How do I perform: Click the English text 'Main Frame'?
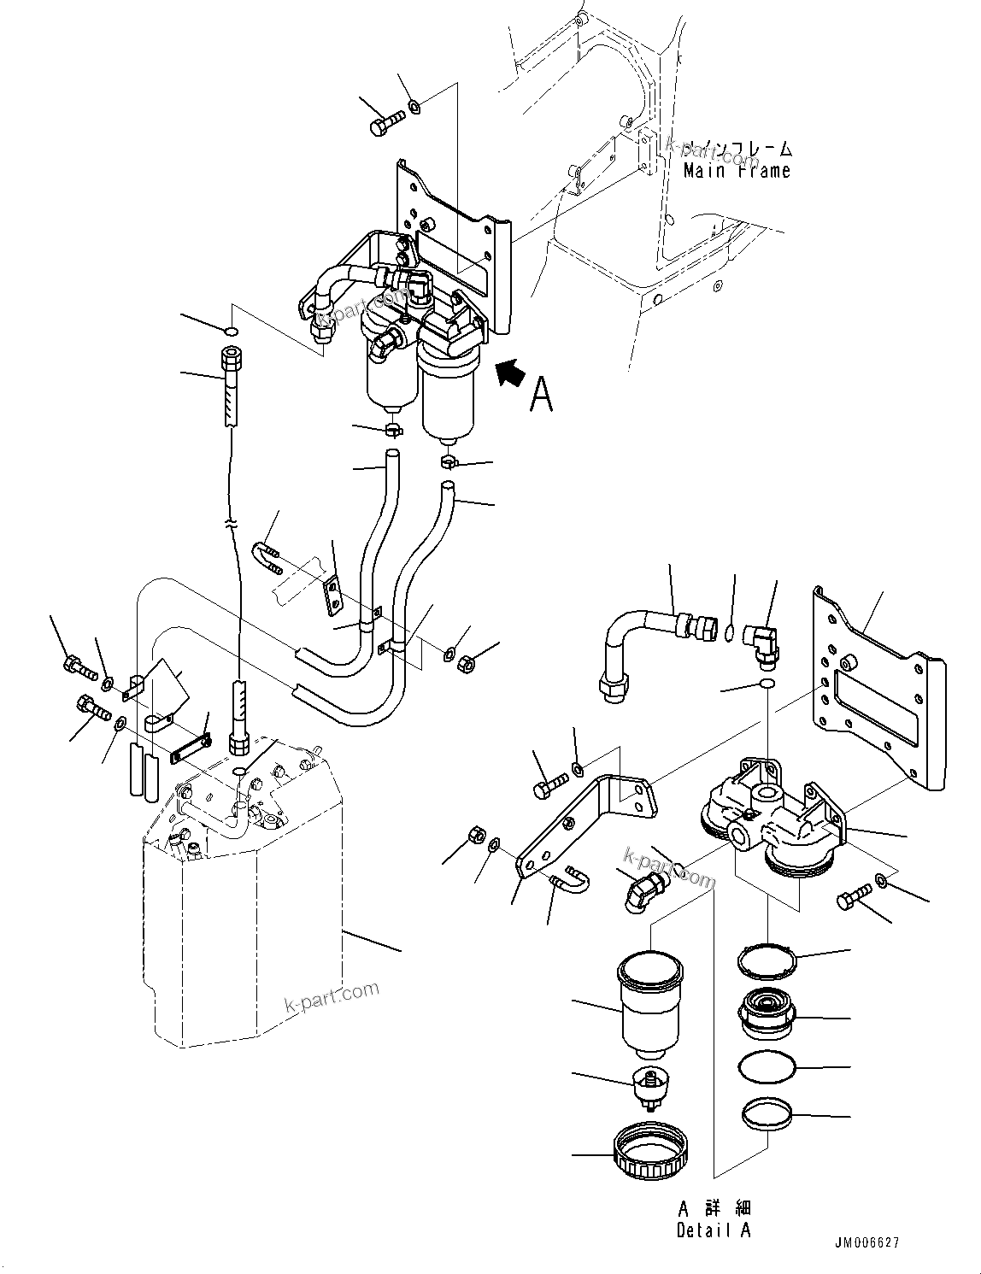737,171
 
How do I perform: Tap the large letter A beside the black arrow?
541,394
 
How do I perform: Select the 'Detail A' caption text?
714,1230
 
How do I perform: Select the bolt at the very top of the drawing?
387,125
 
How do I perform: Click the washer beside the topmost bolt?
414,107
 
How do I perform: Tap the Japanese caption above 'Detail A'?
714,1208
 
